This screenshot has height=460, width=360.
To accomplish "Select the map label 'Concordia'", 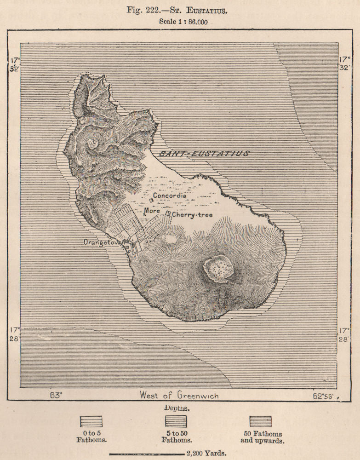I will (x=170, y=195).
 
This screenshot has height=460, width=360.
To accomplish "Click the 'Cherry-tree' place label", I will (x=189, y=214).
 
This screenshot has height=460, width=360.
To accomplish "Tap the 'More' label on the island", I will (x=152, y=211).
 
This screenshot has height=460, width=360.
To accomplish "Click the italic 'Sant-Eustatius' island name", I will (x=204, y=154).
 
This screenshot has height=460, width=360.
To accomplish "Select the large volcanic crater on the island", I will (x=218, y=268).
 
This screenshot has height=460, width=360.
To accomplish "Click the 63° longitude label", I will (x=55, y=395).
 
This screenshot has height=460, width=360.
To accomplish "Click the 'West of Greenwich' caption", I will (x=179, y=395).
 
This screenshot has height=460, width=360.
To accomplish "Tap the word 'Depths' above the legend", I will (x=177, y=408).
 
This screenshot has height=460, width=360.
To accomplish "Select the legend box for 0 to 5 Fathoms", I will (x=91, y=422).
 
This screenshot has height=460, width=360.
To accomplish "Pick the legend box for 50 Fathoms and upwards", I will (x=260, y=422).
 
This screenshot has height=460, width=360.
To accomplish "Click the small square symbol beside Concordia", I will (x=152, y=201).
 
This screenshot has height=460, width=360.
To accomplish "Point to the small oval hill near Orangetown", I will (x=171, y=238).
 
